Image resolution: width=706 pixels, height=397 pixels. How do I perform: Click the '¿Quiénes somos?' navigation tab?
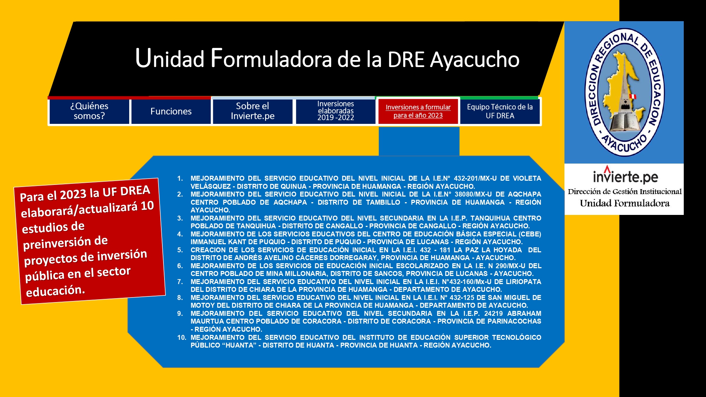[89, 111]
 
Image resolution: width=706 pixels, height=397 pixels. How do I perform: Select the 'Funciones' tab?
[171, 111]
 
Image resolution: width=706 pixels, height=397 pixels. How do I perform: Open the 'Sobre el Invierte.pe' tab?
[253, 111]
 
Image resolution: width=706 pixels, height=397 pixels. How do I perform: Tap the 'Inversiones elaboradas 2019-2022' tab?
[335, 111]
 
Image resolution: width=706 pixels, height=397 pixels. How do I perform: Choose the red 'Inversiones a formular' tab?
[418, 111]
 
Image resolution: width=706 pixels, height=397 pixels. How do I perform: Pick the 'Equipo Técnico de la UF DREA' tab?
[500, 111]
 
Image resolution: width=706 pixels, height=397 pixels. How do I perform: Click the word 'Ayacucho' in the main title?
[475, 60]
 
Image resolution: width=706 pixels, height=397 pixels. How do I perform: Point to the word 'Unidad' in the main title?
[170, 58]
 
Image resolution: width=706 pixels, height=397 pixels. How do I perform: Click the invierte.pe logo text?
[625, 175]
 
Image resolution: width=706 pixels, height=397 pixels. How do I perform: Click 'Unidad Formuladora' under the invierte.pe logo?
[624, 203]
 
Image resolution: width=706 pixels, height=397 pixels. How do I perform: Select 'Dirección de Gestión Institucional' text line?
[624, 192]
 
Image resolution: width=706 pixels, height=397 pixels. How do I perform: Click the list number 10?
[181, 338]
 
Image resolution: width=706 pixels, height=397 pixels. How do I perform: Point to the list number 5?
[180, 250]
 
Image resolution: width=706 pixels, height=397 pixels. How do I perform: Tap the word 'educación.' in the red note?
[55, 291]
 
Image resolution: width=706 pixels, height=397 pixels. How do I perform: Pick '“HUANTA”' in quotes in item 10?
[239, 345]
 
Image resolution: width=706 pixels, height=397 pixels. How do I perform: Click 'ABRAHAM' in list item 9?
[524, 314]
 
